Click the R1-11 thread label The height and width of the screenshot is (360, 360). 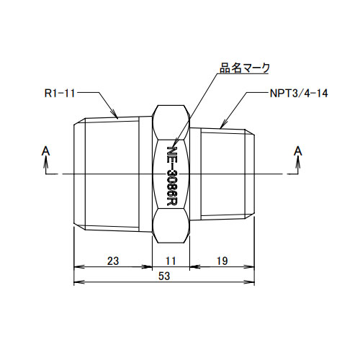coord(60,94)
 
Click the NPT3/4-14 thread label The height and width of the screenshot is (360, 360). coord(297,94)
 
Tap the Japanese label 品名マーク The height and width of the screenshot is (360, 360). coord(245,68)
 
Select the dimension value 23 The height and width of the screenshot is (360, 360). coord(112,261)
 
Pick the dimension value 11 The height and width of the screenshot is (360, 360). coord(172,261)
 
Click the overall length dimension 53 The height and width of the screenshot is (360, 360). coord(165,275)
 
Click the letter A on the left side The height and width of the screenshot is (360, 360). coord(46,150)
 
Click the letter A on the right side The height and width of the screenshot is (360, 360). coord(297,150)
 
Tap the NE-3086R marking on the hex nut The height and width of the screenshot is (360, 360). coord(172,174)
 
